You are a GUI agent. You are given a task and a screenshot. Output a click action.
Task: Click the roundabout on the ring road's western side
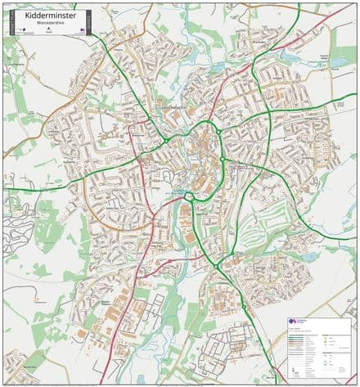click(166, 141)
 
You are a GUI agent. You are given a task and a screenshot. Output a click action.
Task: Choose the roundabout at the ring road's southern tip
click(191, 196)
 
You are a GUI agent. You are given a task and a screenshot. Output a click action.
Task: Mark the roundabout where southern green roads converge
click(217, 265)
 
